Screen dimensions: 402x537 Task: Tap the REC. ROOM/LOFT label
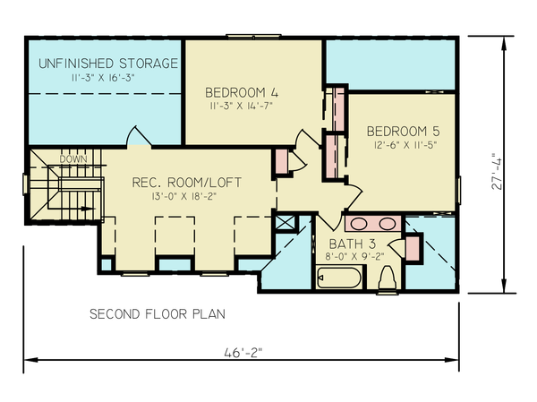click(186, 183)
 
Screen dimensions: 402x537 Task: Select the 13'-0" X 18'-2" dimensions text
click(186, 197)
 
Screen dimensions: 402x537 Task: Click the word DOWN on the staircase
click(72, 159)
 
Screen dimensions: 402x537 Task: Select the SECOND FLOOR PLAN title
click(158, 314)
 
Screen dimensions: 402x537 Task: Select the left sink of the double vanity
click(360, 223)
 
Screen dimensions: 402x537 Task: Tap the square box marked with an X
click(286, 223)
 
